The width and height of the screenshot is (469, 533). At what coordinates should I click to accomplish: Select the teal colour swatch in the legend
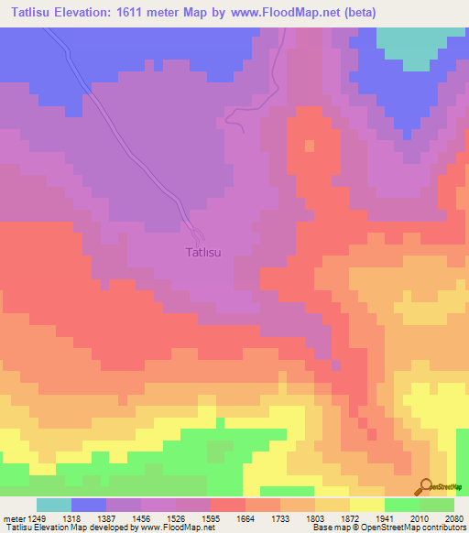click(x=54, y=505)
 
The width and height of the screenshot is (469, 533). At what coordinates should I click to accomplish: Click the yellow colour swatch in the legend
click(x=366, y=505)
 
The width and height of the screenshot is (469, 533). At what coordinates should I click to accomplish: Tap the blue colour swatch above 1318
click(x=89, y=505)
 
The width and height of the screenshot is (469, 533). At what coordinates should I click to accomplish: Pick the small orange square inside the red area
click(x=309, y=146)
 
